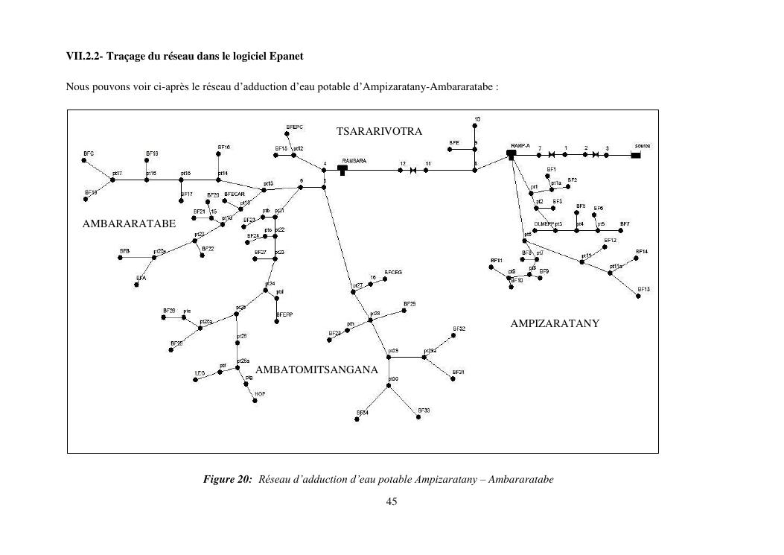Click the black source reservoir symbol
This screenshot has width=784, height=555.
(x=636, y=155)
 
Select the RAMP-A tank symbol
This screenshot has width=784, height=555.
(x=511, y=154)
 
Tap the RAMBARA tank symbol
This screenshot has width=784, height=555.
(x=342, y=170)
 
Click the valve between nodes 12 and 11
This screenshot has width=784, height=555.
(x=413, y=171)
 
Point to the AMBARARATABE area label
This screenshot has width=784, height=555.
(x=130, y=223)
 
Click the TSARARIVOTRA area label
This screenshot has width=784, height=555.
(x=379, y=132)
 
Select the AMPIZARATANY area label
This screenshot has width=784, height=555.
(x=555, y=324)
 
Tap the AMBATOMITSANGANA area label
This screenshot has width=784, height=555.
(x=316, y=370)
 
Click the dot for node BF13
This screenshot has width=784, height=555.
(x=639, y=296)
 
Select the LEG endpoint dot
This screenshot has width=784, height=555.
(x=196, y=380)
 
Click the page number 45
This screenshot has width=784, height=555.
(x=392, y=501)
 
